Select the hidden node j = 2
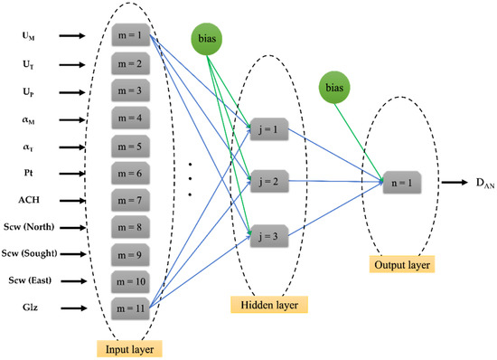pos(270,179)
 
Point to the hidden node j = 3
pos(270,232)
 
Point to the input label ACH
pos(33,201)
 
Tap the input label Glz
pos(31,308)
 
